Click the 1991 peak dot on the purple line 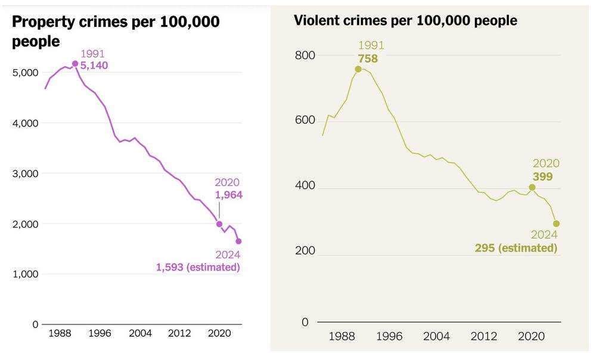[75, 64]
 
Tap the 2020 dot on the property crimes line [219, 224]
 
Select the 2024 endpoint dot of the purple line [239, 241]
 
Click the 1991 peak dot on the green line [358, 69]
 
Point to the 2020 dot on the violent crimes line [532, 187]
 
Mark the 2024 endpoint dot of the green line [556, 224]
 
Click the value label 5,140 [94, 66]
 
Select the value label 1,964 [228, 194]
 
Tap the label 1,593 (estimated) [198, 268]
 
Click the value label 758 [368, 58]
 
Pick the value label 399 [543, 176]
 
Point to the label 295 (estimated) [516, 248]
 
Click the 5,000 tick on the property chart [26, 73]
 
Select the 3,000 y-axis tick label [26, 173]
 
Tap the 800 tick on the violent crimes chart [305, 55]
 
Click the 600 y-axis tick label [305, 122]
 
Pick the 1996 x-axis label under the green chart [389, 336]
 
